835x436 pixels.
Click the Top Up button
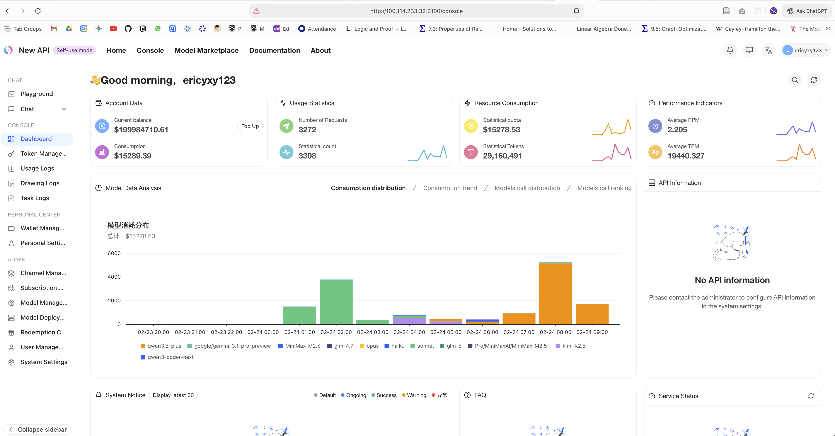(250, 126)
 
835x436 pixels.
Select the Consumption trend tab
(450, 188)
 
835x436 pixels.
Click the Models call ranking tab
(604, 188)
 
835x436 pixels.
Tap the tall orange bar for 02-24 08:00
(555, 293)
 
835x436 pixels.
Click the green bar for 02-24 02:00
(336, 301)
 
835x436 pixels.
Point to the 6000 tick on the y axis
(114, 253)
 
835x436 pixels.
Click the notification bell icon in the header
(730, 50)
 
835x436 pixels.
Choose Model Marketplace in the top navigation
(206, 50)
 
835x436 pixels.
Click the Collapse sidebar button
(37, 429)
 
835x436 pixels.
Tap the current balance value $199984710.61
(141, 130)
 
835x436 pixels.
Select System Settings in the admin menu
(44, 362)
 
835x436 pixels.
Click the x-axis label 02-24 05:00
(446, 332)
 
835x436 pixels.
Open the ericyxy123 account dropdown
(806, 50)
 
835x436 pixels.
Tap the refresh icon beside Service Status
(811, 396)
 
